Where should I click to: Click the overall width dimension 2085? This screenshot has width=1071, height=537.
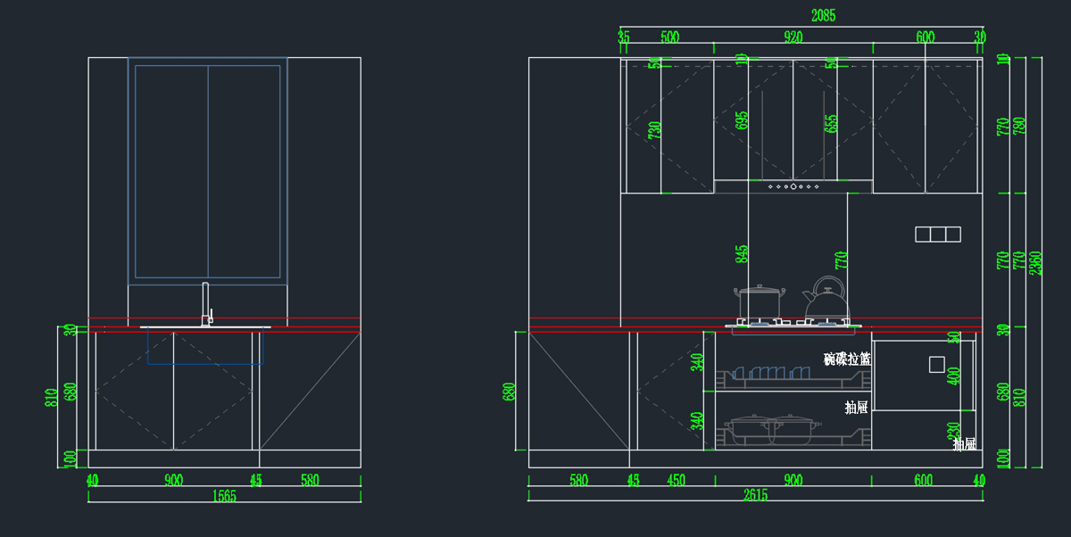coord(823,15)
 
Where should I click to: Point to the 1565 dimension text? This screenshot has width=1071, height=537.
coord(223,496)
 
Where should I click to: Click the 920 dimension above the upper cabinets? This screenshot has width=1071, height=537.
coord(793,37)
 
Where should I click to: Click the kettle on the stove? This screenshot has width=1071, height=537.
coord(827,302)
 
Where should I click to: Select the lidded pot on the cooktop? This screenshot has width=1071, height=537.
coord(759,302)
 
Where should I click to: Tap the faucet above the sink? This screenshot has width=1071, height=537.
coord(207,304)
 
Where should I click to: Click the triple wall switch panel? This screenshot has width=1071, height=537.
coord(938,235)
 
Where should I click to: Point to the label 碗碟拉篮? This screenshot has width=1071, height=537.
coord(847,359)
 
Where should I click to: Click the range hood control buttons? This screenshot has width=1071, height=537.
coord(793,186)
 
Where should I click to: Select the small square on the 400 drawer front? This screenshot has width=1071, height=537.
coord(936,364)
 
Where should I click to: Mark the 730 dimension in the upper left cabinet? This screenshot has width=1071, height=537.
coord(655,131)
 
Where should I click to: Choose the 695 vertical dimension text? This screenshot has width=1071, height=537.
coord(743,120)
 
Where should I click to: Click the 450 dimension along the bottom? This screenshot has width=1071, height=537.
coord(676,481)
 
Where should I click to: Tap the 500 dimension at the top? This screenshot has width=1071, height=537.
coord(669,37)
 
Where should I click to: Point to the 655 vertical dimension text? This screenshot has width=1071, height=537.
coord(831,122)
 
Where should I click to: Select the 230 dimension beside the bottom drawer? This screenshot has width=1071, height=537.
coord(954,430)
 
